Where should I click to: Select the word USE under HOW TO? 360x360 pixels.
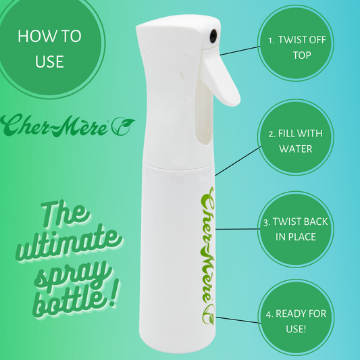point(49,61)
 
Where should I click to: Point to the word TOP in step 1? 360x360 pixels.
point(302,55)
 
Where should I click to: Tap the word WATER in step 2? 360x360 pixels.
point(296,149)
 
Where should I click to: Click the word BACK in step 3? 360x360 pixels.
point(315,222)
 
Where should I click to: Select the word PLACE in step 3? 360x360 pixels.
point(303,237)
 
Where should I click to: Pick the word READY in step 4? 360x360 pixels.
point(288,314)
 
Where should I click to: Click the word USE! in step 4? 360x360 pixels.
point(296,329)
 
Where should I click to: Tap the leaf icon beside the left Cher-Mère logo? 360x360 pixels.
point(123,126)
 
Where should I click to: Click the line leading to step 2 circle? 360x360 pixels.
point(238,161)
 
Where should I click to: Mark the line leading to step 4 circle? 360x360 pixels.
point(238,320)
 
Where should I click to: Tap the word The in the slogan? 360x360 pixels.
point(65,214)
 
